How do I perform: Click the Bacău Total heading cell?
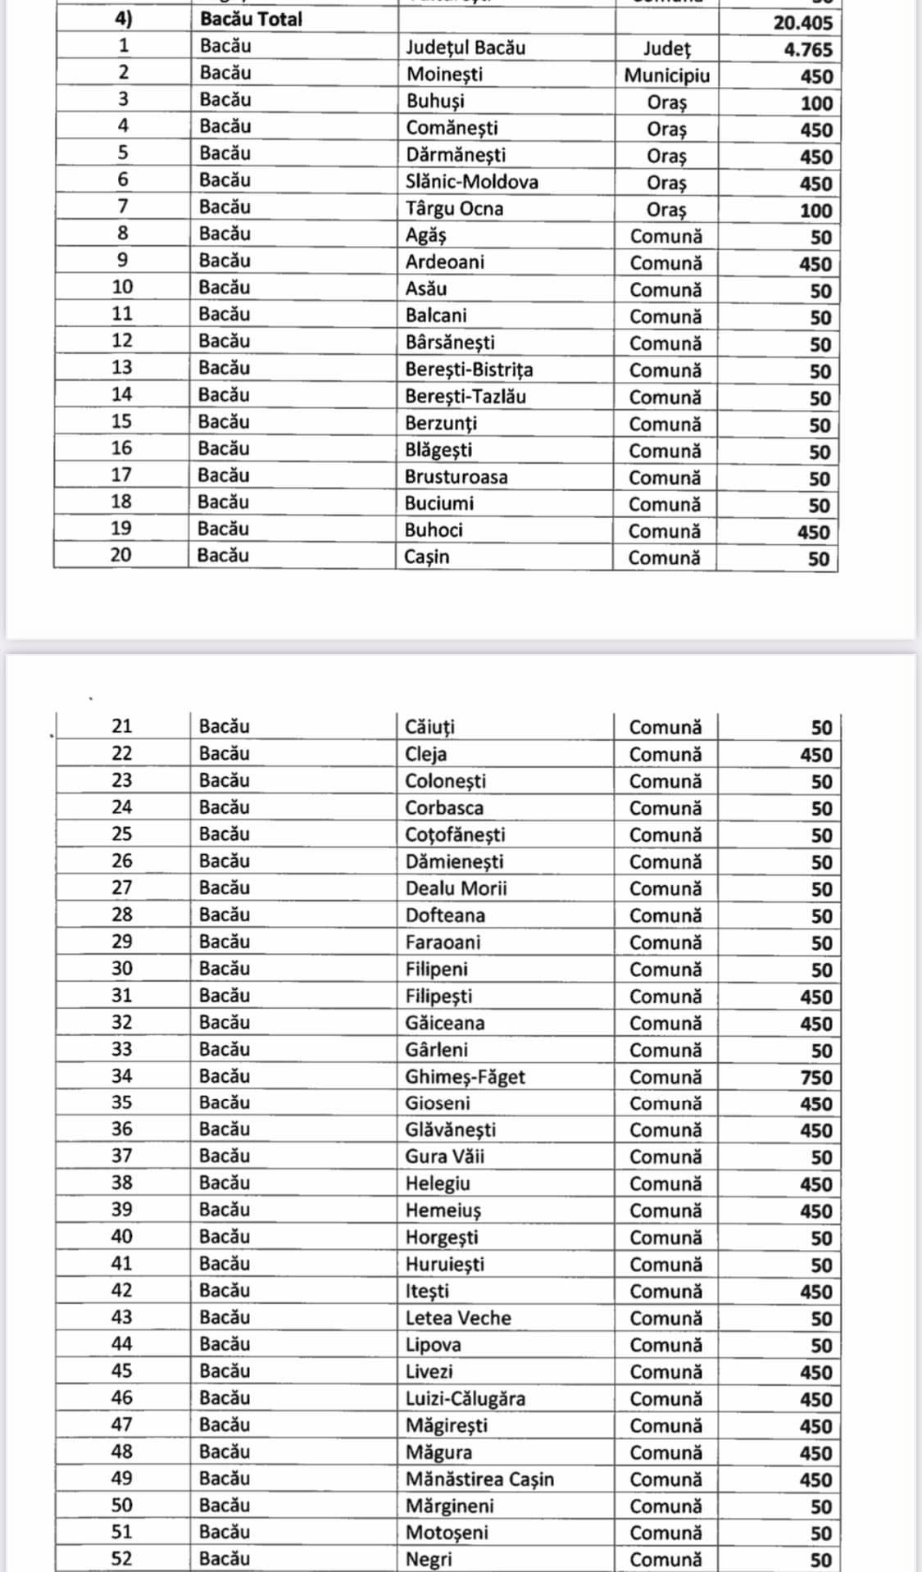(x=251, y=19)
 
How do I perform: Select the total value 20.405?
(x=802, y=23)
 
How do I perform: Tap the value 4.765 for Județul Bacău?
(x=807, y=50)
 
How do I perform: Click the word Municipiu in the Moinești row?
(x=666, y=76)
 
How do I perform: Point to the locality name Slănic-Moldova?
(x=471, y=182)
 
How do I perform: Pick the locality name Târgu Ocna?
(x=454, y=209)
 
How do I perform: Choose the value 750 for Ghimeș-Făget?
(x=815, y=1078)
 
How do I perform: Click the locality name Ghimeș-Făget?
(x=465, y=1077)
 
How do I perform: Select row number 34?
(x=121, y=1076)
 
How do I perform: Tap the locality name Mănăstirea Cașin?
(x=479, y=1479)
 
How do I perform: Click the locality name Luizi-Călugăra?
(x=465, y=1399)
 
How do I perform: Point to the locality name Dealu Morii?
(x=456, y=888)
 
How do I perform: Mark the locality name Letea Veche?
(x=457, y=1318)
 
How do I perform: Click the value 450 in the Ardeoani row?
(x=815, y=265)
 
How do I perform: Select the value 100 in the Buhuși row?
(x=815, y=104)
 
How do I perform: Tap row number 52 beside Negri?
(x=121, y=1559)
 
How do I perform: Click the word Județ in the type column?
(x=666, y=49)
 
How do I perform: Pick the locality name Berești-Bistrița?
(x=468, y=370)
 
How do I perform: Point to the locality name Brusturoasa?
(x=456, y=477)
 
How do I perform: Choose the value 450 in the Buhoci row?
(x=814, y=533)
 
